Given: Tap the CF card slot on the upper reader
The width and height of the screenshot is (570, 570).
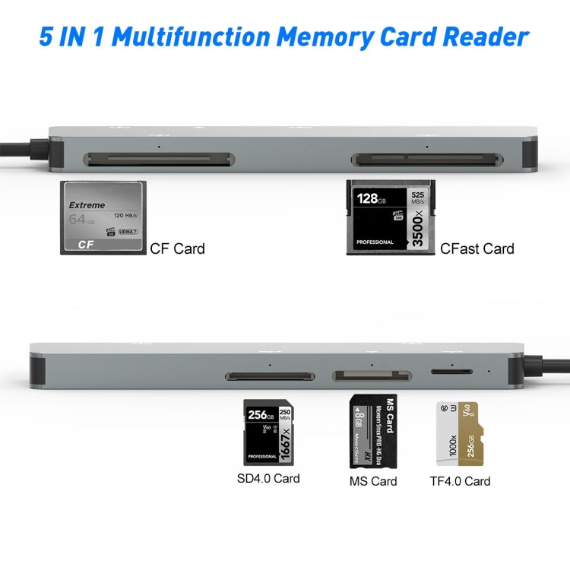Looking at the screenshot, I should pyautogui.click(x=159, y=160).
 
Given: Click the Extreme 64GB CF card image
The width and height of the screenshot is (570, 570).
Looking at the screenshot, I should pyautogui.click(x=102, y=217).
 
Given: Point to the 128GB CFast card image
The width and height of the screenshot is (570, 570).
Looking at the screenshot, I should pyautogui.click(x=390, y=217).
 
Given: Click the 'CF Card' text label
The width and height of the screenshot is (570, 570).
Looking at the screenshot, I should pyautogui.click(x=177, y=249).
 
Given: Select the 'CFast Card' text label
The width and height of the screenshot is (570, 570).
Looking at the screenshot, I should pyautogui.click(x=477, y=249).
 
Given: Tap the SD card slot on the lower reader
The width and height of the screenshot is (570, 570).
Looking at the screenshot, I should pyautogui.click(x=270, y=376).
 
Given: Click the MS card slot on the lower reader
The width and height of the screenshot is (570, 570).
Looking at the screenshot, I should pyautogui.click(x=370, y=375).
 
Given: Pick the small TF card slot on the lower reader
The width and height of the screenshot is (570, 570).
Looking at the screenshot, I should pyautogui.click(x=449, y=372).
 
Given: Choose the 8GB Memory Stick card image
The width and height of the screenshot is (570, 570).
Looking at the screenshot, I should pyautogui.click(x=372, y=431).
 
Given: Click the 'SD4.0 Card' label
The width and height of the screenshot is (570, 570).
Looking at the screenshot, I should pyautogui.click(x=268, y=478).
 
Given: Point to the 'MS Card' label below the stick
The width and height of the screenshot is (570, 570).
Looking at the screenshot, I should pyautogui.click(x=372, y=481).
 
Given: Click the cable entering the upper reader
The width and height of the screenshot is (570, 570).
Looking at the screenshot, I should pyautogui.click(x=23, y=150).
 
